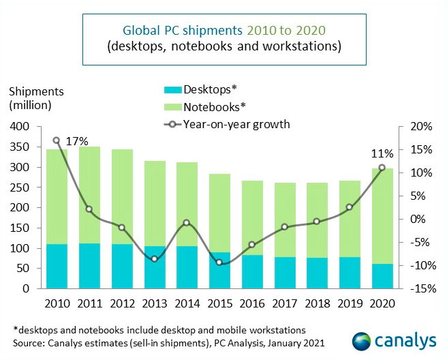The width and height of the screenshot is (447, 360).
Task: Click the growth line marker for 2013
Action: click(155, 259)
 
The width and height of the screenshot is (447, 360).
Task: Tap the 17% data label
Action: click(77, 141)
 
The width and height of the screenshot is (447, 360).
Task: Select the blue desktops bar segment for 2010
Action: click(57, 266)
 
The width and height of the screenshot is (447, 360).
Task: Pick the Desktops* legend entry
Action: click(204, 89)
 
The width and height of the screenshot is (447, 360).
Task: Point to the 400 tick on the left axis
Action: click(20, 127)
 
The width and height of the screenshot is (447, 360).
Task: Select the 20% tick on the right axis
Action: click(414, 127)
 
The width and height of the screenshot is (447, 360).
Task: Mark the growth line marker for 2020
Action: click(382, 168)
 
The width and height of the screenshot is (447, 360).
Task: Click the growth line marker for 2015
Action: click(219, 262)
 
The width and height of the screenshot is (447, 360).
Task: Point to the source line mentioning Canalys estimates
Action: click(168, 342)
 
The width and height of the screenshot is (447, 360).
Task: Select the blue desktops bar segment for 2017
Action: click(284, 273)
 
